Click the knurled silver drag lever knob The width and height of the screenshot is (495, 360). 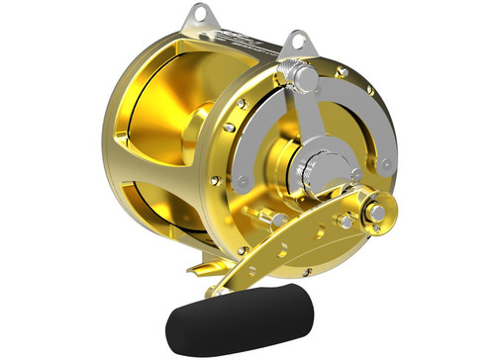pos(300,77)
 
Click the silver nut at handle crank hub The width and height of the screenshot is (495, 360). pos(379,211)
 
